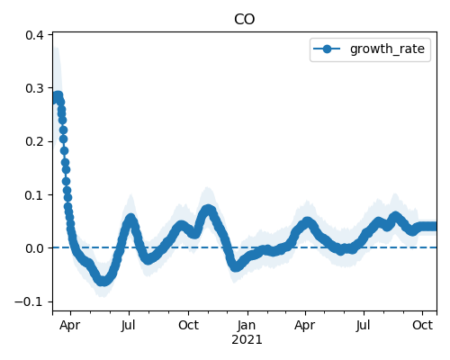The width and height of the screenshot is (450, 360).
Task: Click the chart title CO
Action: tap(244, 20)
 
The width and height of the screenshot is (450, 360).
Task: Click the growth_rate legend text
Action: tap(387, 49)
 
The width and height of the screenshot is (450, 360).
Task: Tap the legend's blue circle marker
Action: tap(327, 49)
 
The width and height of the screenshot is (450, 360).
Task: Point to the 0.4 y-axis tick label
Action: tap(34, 35)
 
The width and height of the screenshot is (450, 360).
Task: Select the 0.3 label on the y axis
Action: tap(34, 88)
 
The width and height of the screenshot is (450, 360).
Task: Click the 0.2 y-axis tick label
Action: tap(34, 141)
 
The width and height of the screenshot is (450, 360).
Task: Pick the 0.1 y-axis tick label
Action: tap(34, 195)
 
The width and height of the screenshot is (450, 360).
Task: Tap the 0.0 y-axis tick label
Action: tap(34, 248)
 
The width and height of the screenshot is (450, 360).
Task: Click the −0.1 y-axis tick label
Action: tap(29, 301)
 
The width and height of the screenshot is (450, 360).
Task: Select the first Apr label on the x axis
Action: tap(69, 326)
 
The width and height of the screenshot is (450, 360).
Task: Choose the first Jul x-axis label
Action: tap(128, 325)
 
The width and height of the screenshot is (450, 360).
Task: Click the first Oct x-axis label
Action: tap(188, 325)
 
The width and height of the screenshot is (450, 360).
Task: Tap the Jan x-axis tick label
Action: tap(247, 325)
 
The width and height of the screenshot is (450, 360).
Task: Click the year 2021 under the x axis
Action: tap(247, 340)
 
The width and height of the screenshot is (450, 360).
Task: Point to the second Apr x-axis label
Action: tap(304, 326)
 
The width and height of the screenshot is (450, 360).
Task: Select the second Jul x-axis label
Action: tap(363, 325)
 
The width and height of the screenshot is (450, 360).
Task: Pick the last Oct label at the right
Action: tap(422, 325)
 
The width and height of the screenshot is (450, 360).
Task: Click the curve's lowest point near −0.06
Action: tap(103, 281)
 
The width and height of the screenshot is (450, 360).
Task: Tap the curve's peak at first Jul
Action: tap(130, 219)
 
